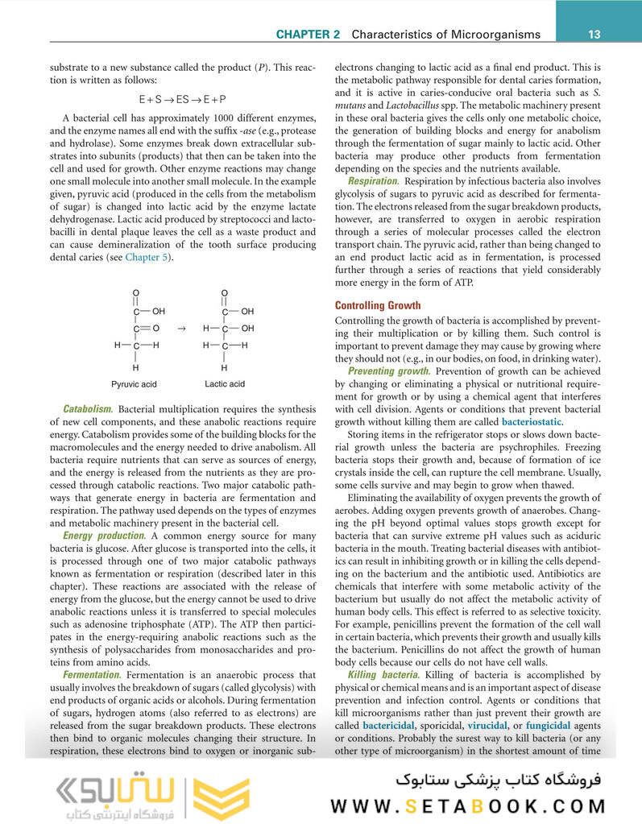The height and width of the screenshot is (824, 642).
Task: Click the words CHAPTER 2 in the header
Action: point(308,35)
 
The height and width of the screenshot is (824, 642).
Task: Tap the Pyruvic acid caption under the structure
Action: point(134,384)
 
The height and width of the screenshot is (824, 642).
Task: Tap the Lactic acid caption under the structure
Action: point(225,384)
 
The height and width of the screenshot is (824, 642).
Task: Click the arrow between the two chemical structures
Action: point(180,329)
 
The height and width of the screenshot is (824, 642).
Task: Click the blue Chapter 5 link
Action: point(146,257)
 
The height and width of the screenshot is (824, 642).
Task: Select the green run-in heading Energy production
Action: point(105,536)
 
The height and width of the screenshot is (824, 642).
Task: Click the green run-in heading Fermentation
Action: point(91,674)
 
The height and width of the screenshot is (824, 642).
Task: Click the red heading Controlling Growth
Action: point(378,306)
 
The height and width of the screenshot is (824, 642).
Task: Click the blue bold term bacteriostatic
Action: point(532,421)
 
